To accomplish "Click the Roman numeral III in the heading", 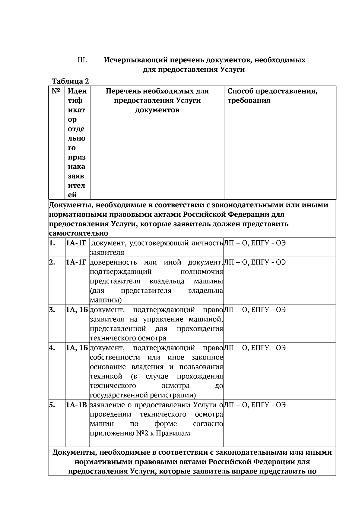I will pyautogui.click(x=82, y=60).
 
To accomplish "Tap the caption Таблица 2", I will pyautogui.click(x=70, y=81).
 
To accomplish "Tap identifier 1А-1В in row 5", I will pyautogui.click(x=77, y=405).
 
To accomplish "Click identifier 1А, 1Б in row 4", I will pyautogui.click(x=77, y=348).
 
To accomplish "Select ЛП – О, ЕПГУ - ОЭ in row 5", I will pyautogui.click(x=255, y=405).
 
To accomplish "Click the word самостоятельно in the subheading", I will pyautogui.click(x=78, y=233).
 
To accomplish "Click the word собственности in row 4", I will pyautogui.click(x=115, y=358).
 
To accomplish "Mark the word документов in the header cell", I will pyautogui.click(x=157, y=110).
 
